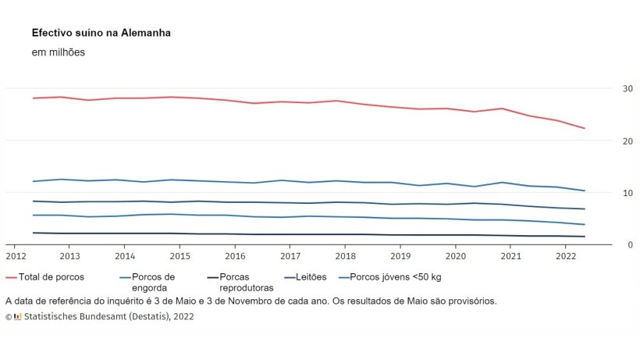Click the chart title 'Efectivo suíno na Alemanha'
101,34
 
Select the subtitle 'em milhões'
58,52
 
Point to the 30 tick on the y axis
606,89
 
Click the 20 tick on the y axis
606,141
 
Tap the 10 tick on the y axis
606,193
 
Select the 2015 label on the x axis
180,256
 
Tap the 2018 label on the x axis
345,256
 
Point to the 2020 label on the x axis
455,256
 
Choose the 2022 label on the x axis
565,256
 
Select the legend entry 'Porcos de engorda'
154,282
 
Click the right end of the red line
585,128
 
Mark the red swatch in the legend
12,277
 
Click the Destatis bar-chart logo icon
18,317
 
